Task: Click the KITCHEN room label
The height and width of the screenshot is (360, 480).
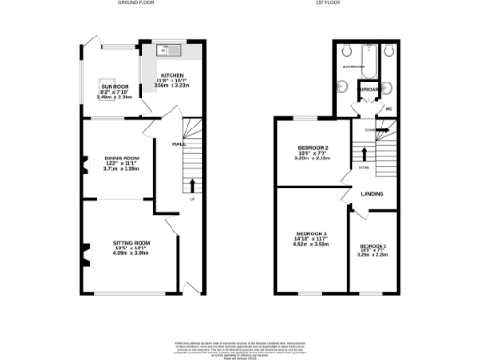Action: coord(172,75)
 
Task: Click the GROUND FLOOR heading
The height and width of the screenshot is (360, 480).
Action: coord(136,4)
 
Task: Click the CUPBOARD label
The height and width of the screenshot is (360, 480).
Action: coord(368,91)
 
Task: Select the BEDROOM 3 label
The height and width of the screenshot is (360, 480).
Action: coord(312,233)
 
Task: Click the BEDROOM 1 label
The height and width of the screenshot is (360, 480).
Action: coord(372,246)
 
